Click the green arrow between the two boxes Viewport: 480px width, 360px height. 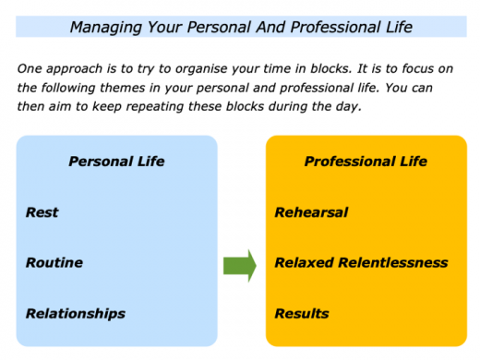pyautogui.click(x=240, y=266)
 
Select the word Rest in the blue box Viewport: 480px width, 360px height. pyautogui.click(x=42, y=212)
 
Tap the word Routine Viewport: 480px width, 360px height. pyautogui.click(x=54, y=263)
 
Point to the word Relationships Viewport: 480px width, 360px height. pyautogui.click(x=75, y=313)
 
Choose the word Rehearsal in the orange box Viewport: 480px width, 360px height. pyautogui.click(x=311, y=212)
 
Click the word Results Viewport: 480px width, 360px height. pyautogui.click(x=301, y=313)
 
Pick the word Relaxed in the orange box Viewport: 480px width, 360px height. pyautogui.click(x=305, y=263)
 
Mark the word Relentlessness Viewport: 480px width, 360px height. pyautogui.click(x=393, y=263)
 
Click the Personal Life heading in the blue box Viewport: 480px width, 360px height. pyautogui.click(x=116, y=162)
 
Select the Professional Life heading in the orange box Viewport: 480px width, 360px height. pyautogui.click(x=366, y=162)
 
